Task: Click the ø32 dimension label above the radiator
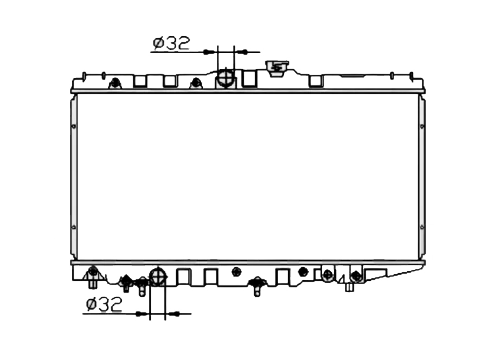pyautogui.click(x=171, y=43)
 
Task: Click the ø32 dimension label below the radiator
pyautogui.click(x=104, y=305)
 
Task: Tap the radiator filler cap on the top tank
pyautogui.click(x=277, y=68)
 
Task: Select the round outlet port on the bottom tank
pyautogui.click(x=158, y=276)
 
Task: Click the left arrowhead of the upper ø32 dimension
pyautogui.click(x=210, y=52)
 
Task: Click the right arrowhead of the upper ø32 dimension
pyautogui.click(x=241, y=52)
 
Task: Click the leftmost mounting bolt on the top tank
pyautogui.click(x=115, y=83)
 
